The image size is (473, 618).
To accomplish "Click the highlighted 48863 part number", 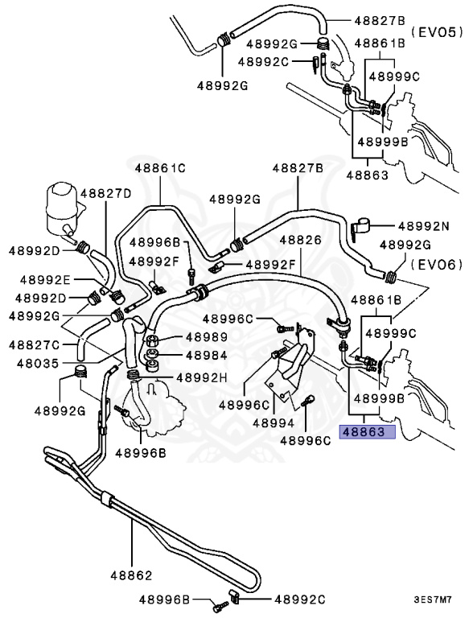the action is [364, 432].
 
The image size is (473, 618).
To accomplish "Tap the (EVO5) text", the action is [437, 32].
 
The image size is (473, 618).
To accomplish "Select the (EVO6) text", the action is [437, 264].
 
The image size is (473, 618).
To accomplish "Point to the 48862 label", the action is [131, 575].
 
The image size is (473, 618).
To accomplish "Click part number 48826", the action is [301, 240].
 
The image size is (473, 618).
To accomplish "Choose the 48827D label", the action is [106, 193].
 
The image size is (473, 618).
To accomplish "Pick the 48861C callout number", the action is [160, 168].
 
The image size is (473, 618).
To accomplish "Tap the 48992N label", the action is [424, 226].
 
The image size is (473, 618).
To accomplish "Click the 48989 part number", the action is [207, 337].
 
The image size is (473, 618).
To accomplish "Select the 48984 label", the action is [207, 356].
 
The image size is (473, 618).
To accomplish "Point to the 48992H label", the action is [202, 378].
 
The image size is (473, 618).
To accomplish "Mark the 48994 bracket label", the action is [274, 423].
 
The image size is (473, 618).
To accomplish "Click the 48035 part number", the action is [38, 364].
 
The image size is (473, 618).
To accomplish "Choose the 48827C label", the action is [34, 345].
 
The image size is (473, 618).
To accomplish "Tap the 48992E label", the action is [45, 280].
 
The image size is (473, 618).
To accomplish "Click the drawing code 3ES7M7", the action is [433, 600].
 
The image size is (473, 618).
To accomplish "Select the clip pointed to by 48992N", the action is [361, 229].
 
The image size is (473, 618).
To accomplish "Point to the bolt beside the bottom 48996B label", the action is [221, 606].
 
